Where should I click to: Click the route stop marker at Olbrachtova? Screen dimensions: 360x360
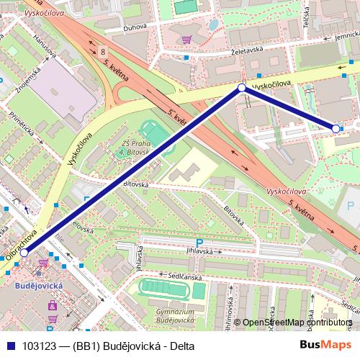tap(24, 253)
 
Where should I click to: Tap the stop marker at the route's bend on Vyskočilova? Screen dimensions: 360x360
tap(242, 88)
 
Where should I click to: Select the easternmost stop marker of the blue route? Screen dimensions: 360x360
tap(336, 128)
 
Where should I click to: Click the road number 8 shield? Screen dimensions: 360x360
tap(104, 52)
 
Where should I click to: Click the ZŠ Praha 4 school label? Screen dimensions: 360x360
tap(132, 147)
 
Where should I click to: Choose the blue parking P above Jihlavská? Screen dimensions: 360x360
tap(199, 243)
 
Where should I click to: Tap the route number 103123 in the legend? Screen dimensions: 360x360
tap(40, 345)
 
